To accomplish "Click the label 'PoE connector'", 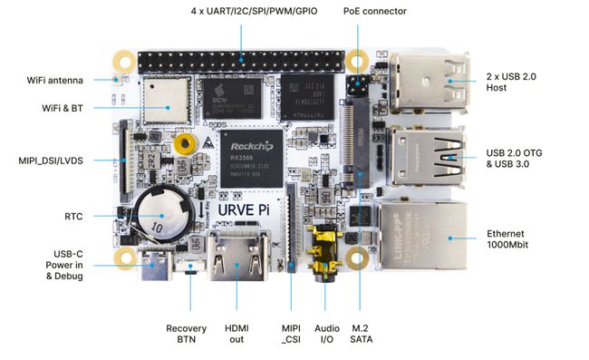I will pyautogui.click(x=374, y=11).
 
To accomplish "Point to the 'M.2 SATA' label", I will pyautogui.click(x=361, y=333).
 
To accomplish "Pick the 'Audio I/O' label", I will pyautogui.click(x=326, y=333).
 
